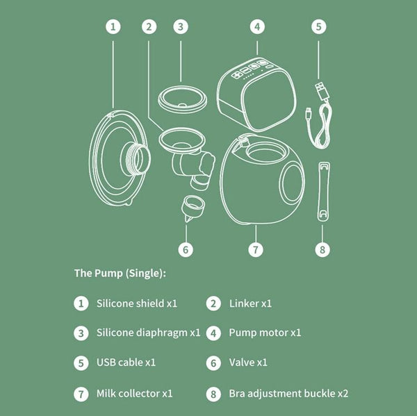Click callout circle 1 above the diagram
pos(113,27)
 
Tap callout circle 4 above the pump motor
pos(257,27)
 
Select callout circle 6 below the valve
pos(186,249)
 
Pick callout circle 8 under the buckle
pos(322,249)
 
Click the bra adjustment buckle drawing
pos(324,192)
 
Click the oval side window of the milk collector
pos(293,183)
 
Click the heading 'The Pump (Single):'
pos(120,273)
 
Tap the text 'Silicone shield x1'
pos(137,303)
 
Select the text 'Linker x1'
pos(250,303)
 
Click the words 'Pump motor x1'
pos(265,333)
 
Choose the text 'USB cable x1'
pos(126,363)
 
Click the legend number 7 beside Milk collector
pos(81,394)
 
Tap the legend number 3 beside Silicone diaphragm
pos(81,333)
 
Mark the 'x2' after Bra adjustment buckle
pos(343,394)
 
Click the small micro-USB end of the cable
pos(308,113)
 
